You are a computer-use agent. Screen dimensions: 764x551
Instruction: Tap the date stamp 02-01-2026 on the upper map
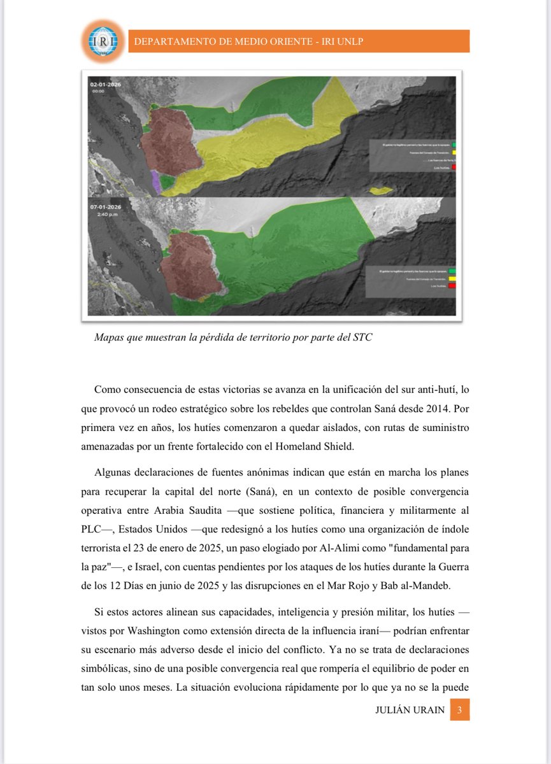[x=106, y=84]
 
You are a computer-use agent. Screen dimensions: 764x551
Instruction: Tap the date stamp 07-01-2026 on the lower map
[x=106, y=207]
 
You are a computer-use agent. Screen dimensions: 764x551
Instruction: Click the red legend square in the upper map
[x=454, y=167]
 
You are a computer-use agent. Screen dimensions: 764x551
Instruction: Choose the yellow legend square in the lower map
[x=452, y=279]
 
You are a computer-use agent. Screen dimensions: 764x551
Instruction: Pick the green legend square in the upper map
[x=454, y=145]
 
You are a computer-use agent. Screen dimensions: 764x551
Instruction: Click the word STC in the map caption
[x=362, y=338]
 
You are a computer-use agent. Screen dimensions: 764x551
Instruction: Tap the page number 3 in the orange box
[x=459, y=710]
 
